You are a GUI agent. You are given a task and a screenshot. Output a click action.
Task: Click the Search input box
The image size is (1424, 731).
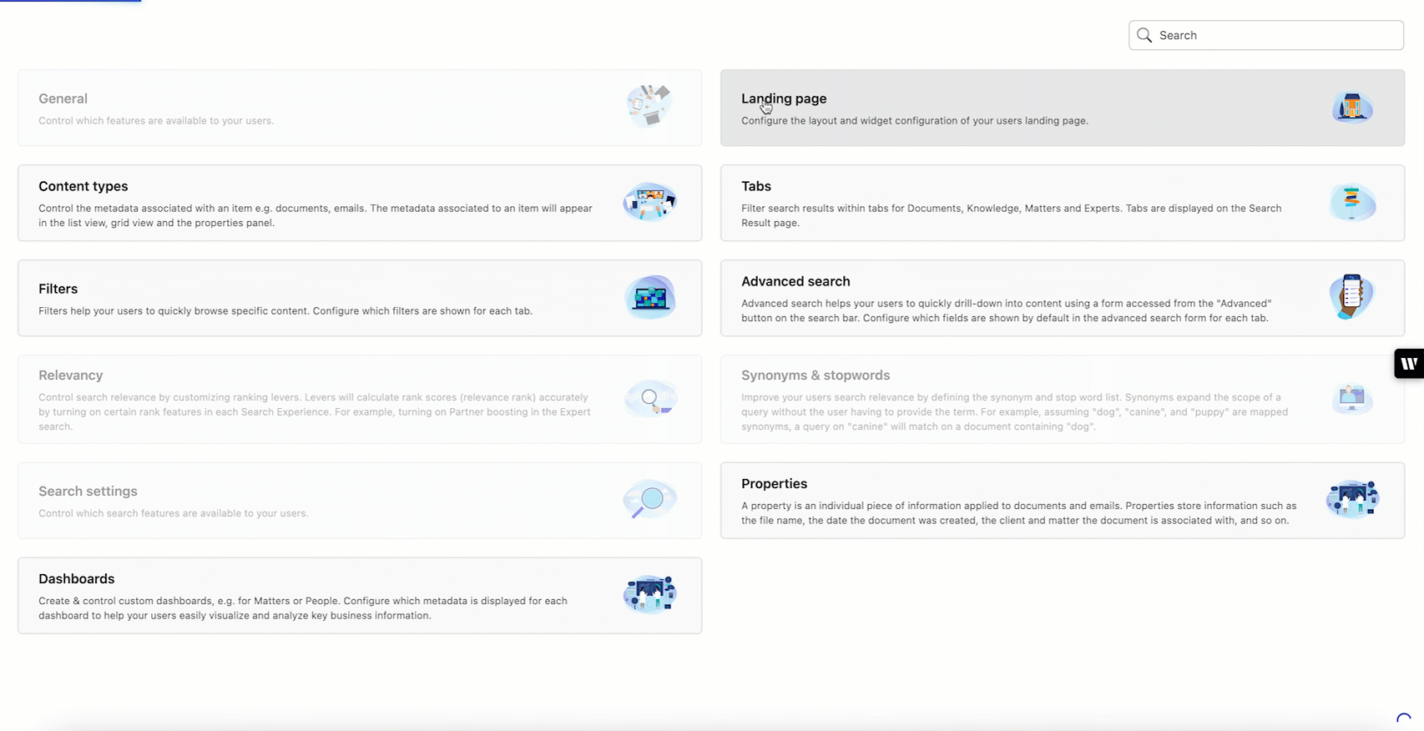pyautogui.click(x=1277, y=35)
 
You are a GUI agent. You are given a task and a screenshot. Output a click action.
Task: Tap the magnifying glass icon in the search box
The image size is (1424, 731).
pyautogui.click(x=1144, y=35)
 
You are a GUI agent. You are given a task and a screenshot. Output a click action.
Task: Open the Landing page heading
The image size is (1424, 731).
pyautogui.click(x=784, y=98)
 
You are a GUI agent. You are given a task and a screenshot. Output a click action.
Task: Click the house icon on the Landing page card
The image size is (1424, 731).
pyautogui.click(x=1352, y=108)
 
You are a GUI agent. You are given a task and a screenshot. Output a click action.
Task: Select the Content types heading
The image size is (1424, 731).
pyautogui.click(x=83, y=186)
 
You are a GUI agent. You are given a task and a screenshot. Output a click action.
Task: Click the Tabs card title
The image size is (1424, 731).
pyautogui.click(x=756, y=186)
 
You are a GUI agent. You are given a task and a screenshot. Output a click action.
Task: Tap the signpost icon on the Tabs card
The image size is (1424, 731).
pyautogui.click(x=1352, y=202)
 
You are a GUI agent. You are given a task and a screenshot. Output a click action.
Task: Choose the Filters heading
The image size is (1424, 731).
pyautogui.click(x=58, y=289)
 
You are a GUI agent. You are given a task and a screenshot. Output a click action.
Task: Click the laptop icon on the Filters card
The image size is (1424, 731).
pyautogui.click(x=650, y=297)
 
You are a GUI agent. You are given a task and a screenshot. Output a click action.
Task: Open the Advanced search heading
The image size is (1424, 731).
pyautogui.click(x=795, y=281)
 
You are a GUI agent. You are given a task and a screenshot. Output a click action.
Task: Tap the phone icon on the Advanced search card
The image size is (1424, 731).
pyautogui.click(x=1351, y=296)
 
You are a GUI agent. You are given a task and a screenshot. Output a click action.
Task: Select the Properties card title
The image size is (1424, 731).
pyautogui.click(x=774, y=484)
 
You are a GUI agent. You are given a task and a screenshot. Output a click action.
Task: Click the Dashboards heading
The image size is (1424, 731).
pyautogui.click(x=77, y=579)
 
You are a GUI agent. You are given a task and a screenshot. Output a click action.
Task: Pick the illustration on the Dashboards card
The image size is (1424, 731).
pyautogui.click(x=650, y=594)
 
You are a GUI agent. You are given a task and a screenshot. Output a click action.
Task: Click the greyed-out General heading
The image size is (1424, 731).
pyautogui.click(x=63, y=98)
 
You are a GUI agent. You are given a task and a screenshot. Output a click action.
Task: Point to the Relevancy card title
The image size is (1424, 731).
pyautogui.click(x=71, y=376)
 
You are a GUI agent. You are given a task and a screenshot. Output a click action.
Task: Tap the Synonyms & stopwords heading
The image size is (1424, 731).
pyautogui.click(x=816, y=376)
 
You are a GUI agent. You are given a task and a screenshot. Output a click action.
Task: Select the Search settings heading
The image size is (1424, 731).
pyautogui.click(x=88, y=492)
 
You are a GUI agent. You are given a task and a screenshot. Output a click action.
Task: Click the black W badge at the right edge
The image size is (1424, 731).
pyautogui.click(x=1409, y=363)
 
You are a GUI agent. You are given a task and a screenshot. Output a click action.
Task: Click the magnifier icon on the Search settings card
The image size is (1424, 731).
pyautogui.click(x=649, y=500)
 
